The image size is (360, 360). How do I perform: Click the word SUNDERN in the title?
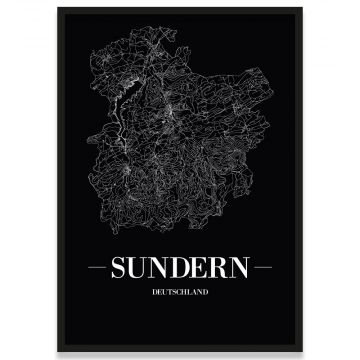pyautogui.click(x=181, y=269)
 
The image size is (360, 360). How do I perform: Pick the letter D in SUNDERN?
pyautogui.click(x=183, y=269)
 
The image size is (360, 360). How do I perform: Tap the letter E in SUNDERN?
pyautogui.click(x=201, y=269)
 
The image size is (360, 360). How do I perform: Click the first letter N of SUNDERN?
pyautogui.click(x=162, y=269)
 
